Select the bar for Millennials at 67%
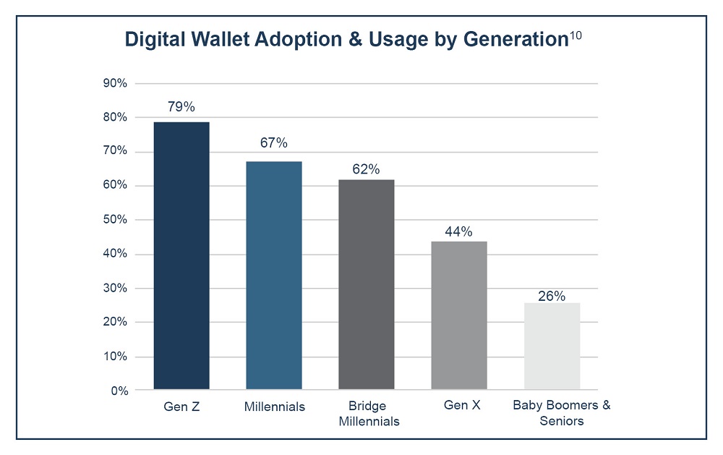click(x=274, y=275)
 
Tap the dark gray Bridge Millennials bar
click(x=367, y=284)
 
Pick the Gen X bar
click(x=459, y=315)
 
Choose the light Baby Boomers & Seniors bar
click(x=552, y=346)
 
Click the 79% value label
click(x=181, y=107)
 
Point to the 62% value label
click(x=367, y=169)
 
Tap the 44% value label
click(x=459, y=231)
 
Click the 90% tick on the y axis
click(x=116, y=83)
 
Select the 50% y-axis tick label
click(x=116, y=220)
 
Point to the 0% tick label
click(x=119, y=391)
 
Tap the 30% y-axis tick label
click(x=116, y=288)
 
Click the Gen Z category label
click(x=181, y=406)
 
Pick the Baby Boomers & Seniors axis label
click(x=562, y=412)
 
